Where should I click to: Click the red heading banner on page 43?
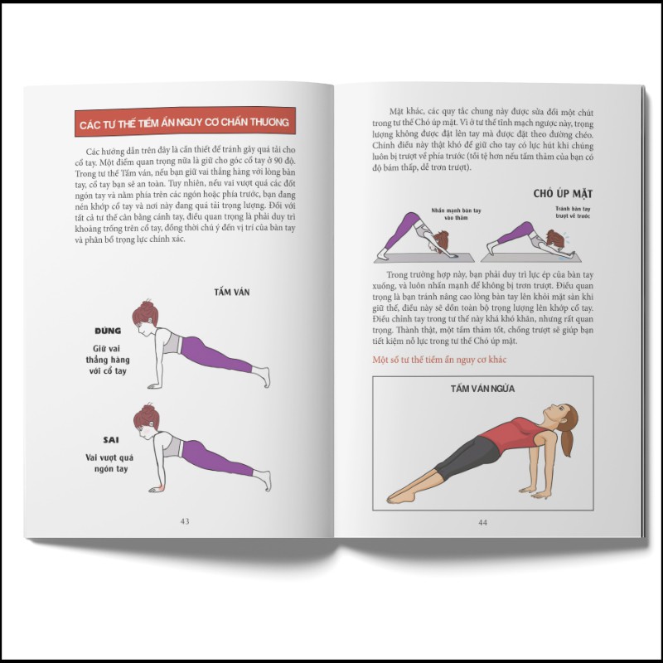(183, 123)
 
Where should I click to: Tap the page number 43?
(185, 520)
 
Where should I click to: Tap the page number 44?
(482, 522)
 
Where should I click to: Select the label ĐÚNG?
(109, 330)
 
